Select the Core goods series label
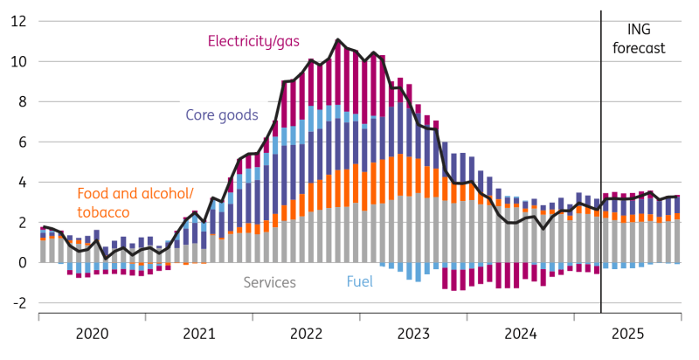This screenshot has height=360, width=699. [222, 114]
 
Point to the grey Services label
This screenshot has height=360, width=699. [269, 282]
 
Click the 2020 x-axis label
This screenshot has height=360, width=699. [93, 333]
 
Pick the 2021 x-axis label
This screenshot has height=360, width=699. [199, 333]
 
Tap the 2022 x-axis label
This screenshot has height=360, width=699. [307, 333]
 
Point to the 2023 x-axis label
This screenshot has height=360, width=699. [413, 333]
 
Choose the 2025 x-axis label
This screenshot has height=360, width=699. [627, 333]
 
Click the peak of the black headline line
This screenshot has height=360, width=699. [337, 39]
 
